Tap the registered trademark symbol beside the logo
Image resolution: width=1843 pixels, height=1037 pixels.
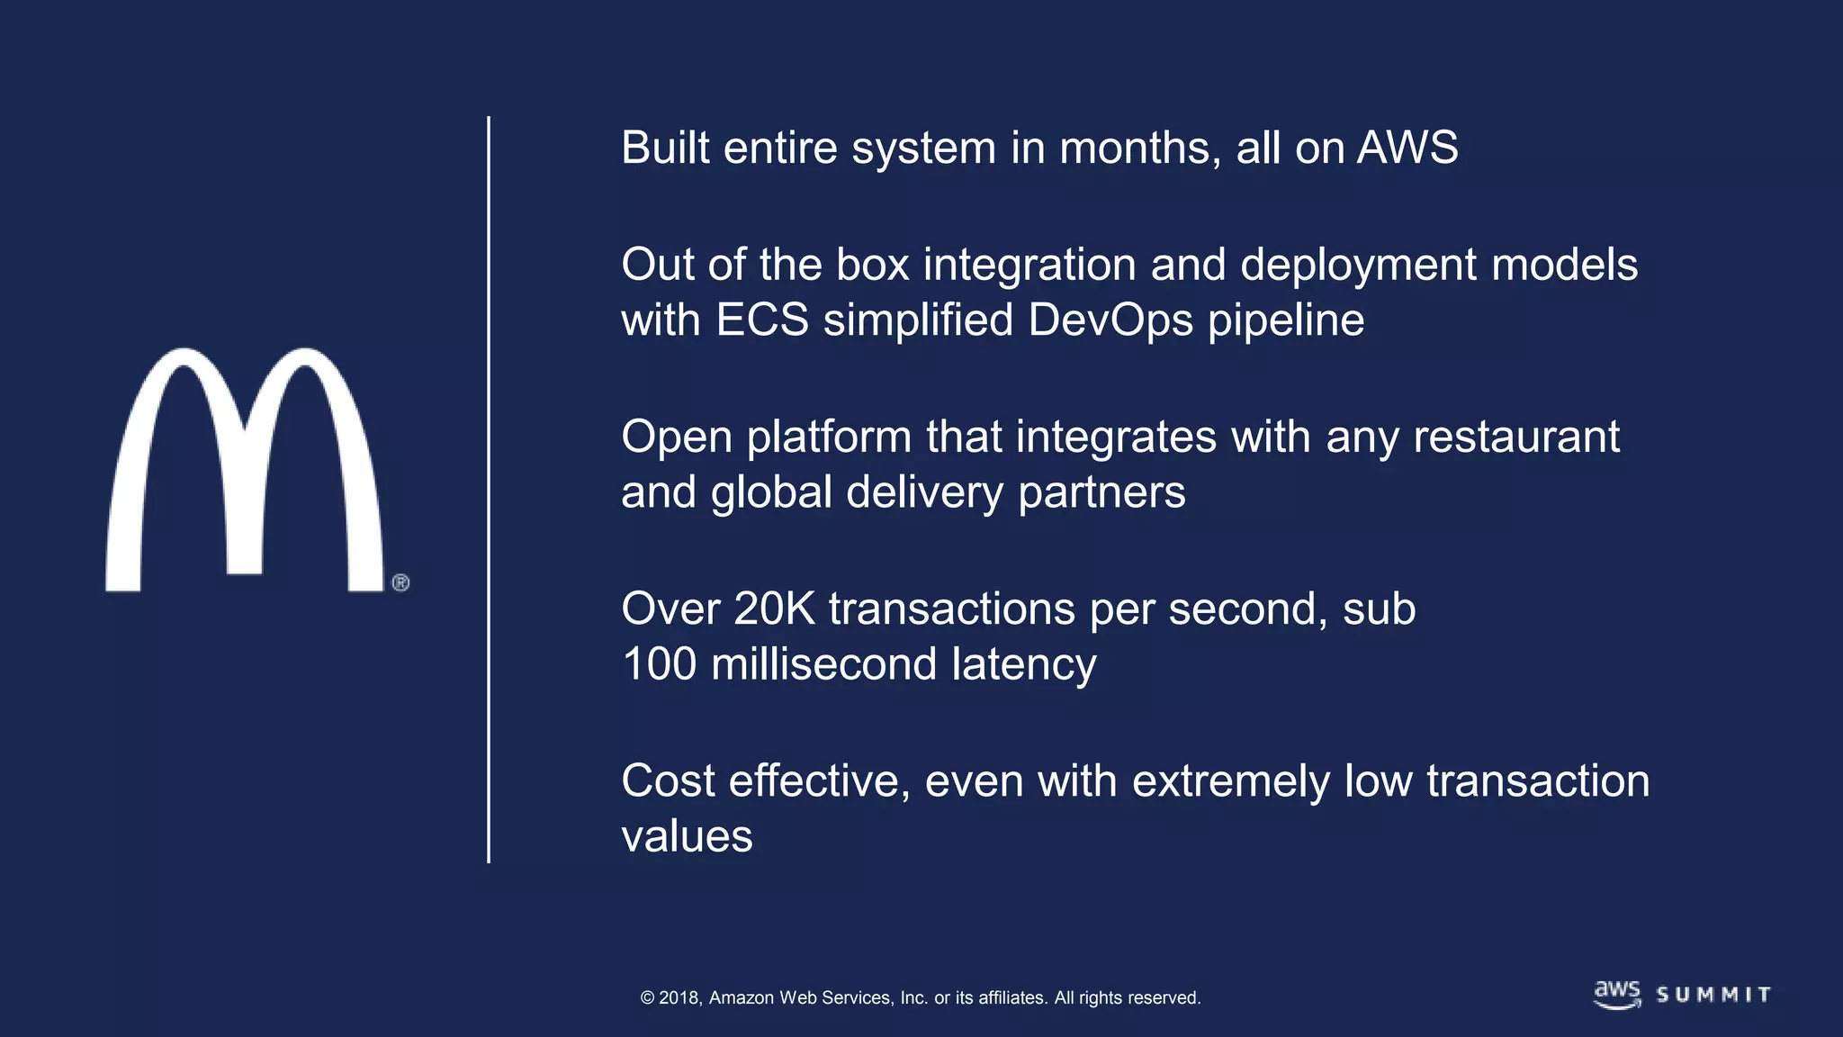coord(401,582)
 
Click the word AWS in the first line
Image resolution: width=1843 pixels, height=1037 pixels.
coord(1407,148)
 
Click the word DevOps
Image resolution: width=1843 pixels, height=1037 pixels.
coord(1110,320)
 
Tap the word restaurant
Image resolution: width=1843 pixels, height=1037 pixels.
coord(1516,437)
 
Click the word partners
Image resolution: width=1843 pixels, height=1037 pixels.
coord(1101,493)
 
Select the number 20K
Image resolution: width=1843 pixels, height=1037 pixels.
coord(774,609)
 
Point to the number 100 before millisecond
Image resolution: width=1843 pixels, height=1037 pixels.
coord(660,664)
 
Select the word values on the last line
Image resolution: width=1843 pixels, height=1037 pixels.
coord(687,836)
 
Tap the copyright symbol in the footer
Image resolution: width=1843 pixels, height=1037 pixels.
coord(647,998)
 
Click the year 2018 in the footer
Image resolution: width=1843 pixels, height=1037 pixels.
coord(680,998)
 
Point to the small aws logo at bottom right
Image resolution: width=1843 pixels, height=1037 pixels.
coord(1617,994)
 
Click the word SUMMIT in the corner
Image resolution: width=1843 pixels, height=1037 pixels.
coord(1713,995)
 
